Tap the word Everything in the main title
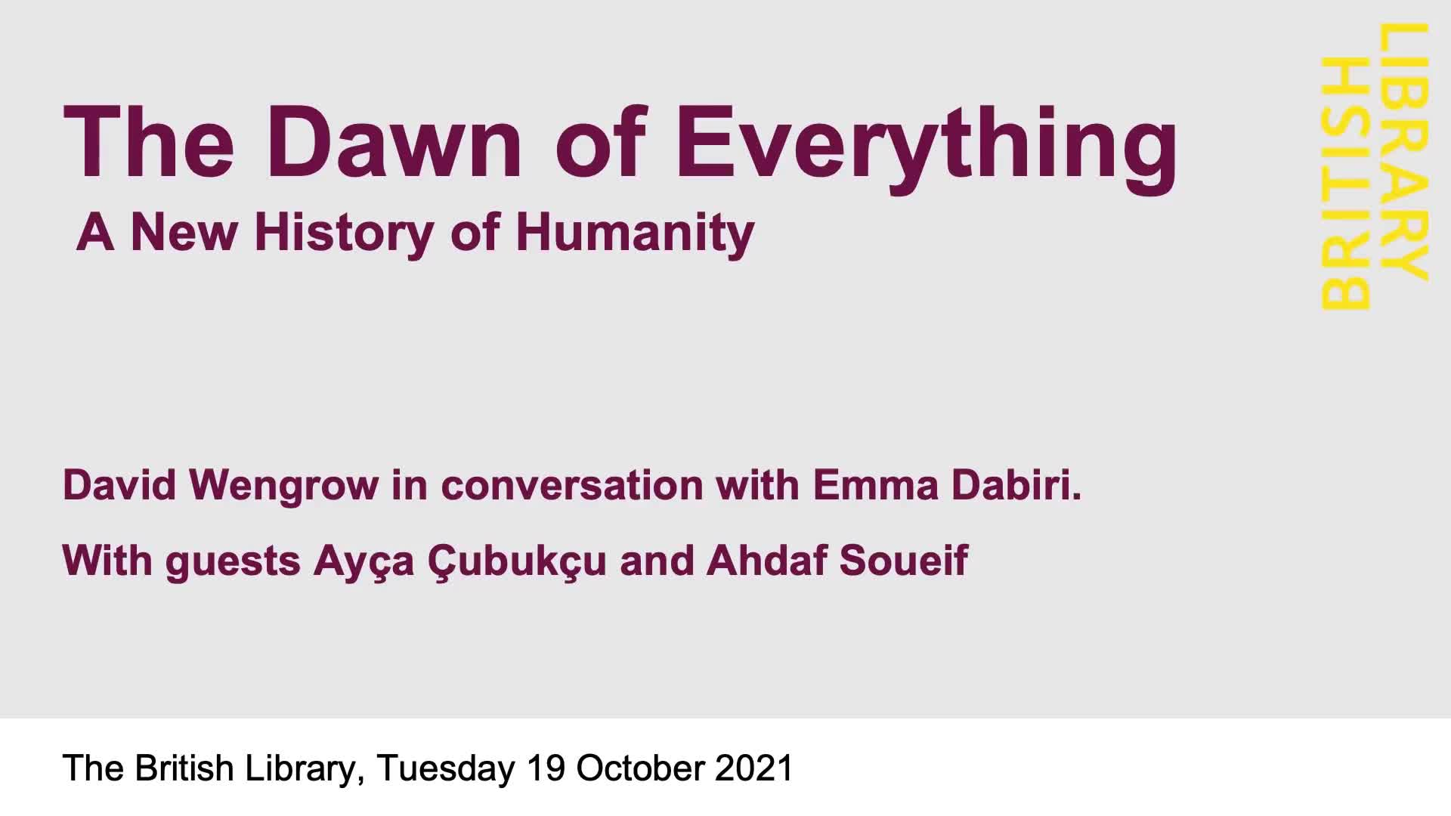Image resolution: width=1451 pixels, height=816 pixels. click(x=927, y=148)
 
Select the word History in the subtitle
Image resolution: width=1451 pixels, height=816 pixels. click(x=345, y=233)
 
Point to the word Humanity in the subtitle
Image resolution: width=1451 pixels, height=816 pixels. click(x=636, y=233)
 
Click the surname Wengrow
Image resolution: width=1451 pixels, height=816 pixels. click(x=283, y=487)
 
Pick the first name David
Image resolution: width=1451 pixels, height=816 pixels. click(x=119, y=484)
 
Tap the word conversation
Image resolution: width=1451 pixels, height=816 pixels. click(x=572, y=485)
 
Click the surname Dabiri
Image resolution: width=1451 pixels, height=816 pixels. click(x=1016, y=484)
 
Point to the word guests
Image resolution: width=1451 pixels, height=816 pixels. click(x=233, y=563)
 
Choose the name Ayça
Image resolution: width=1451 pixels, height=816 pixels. click(x=364, y=563)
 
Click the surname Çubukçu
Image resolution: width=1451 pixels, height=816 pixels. click(x=517, y=563)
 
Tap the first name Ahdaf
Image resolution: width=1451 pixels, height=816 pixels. click(x=766, y=560)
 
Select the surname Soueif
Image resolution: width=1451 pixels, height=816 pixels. click(x=904, y=560)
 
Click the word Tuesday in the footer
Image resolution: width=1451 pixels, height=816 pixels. click(x=446, y=769)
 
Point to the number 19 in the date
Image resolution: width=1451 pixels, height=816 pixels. click(x=546, y=768)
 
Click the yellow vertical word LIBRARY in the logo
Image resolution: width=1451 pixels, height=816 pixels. click(x=1405, y=152)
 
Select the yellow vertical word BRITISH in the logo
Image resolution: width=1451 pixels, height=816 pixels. click(x=1346, y=183)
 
